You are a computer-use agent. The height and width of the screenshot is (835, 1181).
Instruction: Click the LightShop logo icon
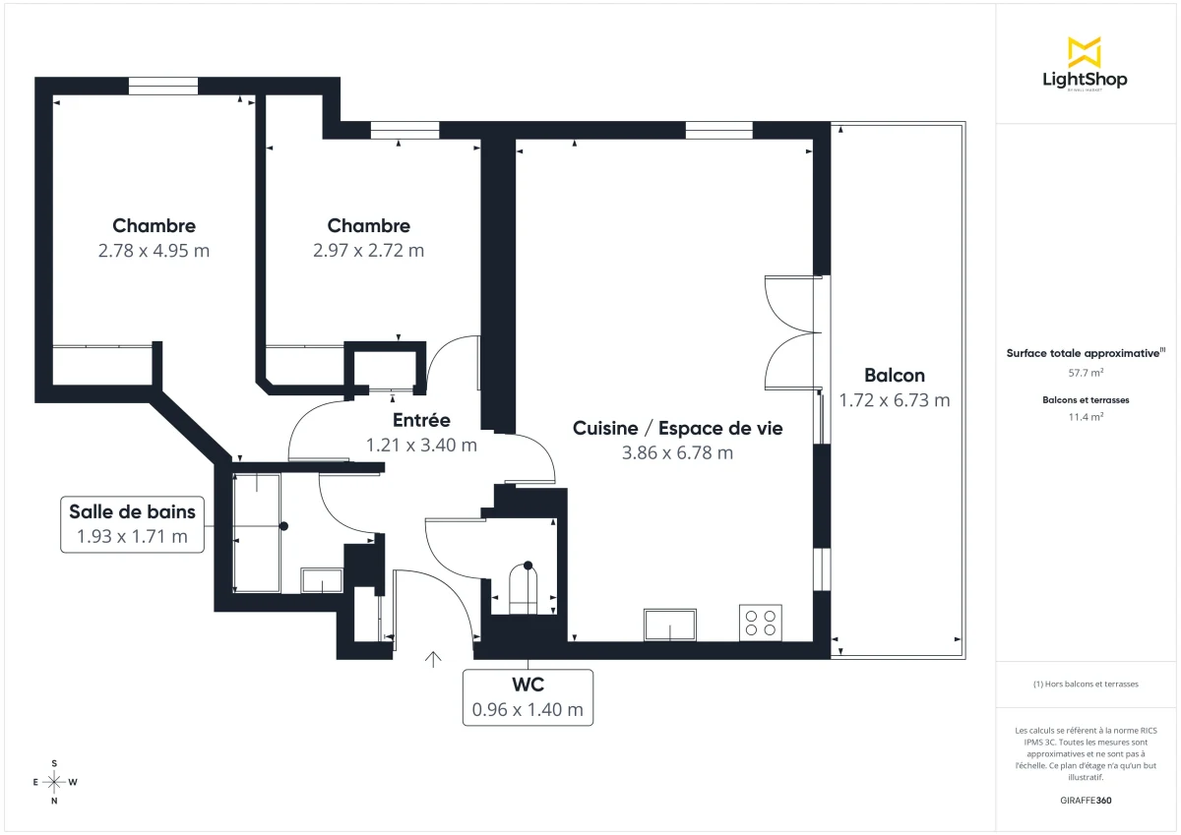tap(1085, 52)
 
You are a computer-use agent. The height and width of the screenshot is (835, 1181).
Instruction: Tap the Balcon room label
tap(894, 375)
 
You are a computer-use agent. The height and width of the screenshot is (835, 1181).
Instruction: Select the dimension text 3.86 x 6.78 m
tap(677, 453)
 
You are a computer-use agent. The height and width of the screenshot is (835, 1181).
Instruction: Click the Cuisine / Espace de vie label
tap(677, 428)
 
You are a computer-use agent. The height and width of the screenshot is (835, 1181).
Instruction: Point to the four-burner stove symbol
tap(760, 623)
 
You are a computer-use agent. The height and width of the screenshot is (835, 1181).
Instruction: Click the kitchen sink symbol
tap(670, 625)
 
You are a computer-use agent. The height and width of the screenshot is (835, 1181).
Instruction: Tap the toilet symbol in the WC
tap(527, 587)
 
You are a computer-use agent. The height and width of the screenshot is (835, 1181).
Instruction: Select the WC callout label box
tap(528, 697)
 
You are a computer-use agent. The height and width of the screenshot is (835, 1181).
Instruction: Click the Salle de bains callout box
tap(132, 524)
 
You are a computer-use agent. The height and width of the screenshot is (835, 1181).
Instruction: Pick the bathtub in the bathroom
tap(257, 531)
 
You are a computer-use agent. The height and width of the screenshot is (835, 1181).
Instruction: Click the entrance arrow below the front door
tap(433, 659)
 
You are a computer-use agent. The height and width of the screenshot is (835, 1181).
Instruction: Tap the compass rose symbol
tap(54, 782)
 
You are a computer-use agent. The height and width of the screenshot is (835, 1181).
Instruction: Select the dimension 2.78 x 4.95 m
tap(154, 251)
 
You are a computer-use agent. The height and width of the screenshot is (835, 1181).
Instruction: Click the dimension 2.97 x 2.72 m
tap(368, 251)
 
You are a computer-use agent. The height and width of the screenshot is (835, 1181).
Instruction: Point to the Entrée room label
tap(421, 420)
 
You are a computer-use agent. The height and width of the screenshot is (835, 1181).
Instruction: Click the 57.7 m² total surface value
tap(1085, 373)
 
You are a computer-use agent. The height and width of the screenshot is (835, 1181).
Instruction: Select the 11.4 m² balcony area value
tap(1085, 416)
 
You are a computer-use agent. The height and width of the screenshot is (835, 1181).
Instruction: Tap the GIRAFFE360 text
tap(1085, 801)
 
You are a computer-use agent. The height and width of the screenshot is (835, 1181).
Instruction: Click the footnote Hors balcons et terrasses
tap(1085, 684)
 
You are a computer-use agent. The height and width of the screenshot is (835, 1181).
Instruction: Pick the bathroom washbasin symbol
tap(321, 580)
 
